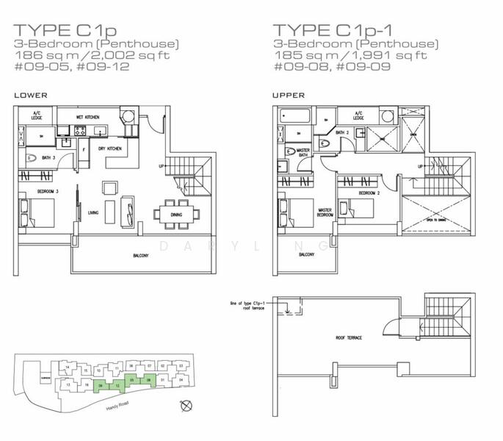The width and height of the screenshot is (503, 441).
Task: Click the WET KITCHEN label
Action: tap(88, 117)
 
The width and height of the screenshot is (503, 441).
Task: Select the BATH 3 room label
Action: tap(49, 158)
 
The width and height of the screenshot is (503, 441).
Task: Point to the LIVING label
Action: tap(93, 213)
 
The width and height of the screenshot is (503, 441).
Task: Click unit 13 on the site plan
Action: tap(68, 384)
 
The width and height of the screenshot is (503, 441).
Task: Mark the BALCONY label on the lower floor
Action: tap(139, 255)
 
